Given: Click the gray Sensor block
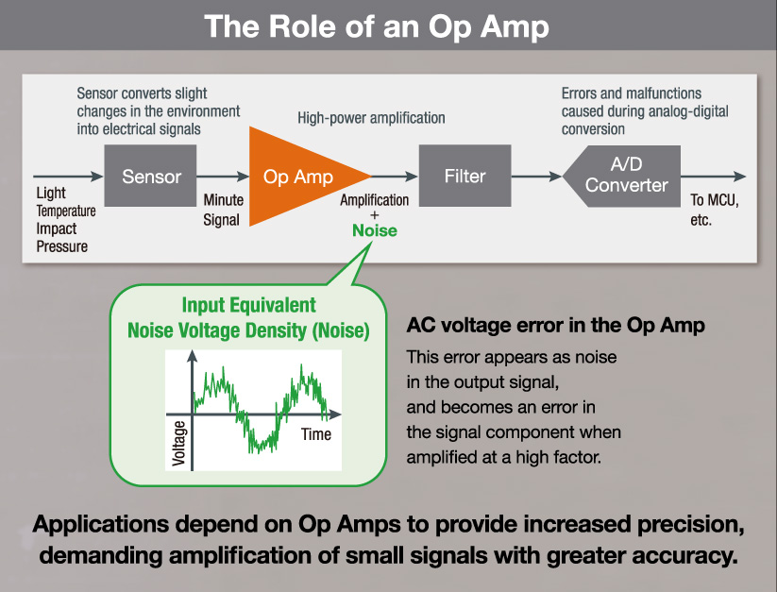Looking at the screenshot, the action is pyautogui.click(x=150, y=176).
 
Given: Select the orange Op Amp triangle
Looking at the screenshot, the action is pyautogui.click(x=297, y=177).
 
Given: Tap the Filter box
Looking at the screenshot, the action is pyautogui.click(x=465, y=176).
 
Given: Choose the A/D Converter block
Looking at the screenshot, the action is pyautogui.click(x=622, y=176).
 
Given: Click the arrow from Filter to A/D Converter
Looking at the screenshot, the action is pyautogui.click(x=536, y=176).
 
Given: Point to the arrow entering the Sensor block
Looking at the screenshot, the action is pyautogui.click(x=68, y=176).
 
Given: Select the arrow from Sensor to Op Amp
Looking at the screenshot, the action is pyautogui.click(x=223, y=176).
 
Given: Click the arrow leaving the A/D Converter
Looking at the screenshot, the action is pyautogui.click(x=713, y=176).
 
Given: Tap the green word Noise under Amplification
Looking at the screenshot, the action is pyautogui.click(x=375, y=230).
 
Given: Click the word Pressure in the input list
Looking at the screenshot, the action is pyautogui.click(x=62, y=246).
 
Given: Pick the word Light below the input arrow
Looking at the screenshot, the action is pyautogui.click(x=51, y=193).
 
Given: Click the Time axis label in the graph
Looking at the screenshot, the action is pyautogui.click(x=316, y=434).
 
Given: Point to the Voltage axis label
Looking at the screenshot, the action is pyautogui.click(x=178, y=444).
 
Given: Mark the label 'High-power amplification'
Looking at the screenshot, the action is pyautogui.click(x=371, y=118).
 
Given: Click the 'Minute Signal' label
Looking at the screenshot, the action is pyautogui.click(x=224, y=210).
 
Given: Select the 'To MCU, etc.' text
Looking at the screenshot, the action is pyautogui.click(x=715, y=210).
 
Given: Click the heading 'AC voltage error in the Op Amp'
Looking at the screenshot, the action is pyautogui.click(x=555, y=326).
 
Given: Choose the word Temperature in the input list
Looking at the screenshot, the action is pyautogui.click(x=66, y=211).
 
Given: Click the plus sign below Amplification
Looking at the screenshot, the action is pyautogui.click(x=375, y=215).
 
